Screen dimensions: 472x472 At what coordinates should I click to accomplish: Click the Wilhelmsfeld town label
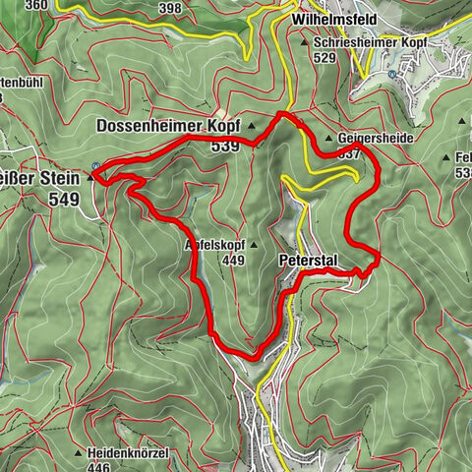(318, 19)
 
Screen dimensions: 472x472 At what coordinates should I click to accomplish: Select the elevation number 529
(325, 58)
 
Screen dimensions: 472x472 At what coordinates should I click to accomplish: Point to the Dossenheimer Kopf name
(168, 126)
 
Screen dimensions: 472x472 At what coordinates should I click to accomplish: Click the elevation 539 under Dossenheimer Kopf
(224, 147)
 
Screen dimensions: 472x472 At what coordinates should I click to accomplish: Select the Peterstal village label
(308, 262)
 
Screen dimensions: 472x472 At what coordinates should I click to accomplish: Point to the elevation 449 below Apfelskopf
(233, 261)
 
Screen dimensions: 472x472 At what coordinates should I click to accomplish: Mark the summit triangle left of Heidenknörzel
(77, 452)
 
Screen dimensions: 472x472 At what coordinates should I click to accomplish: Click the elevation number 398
(170, 9)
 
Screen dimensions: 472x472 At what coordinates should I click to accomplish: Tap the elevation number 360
(37, 5)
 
